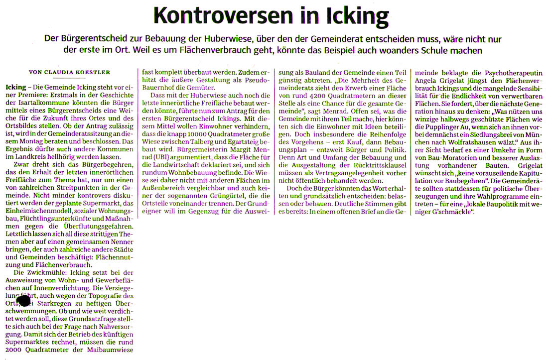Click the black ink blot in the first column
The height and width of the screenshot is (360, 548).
click(23, 301)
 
